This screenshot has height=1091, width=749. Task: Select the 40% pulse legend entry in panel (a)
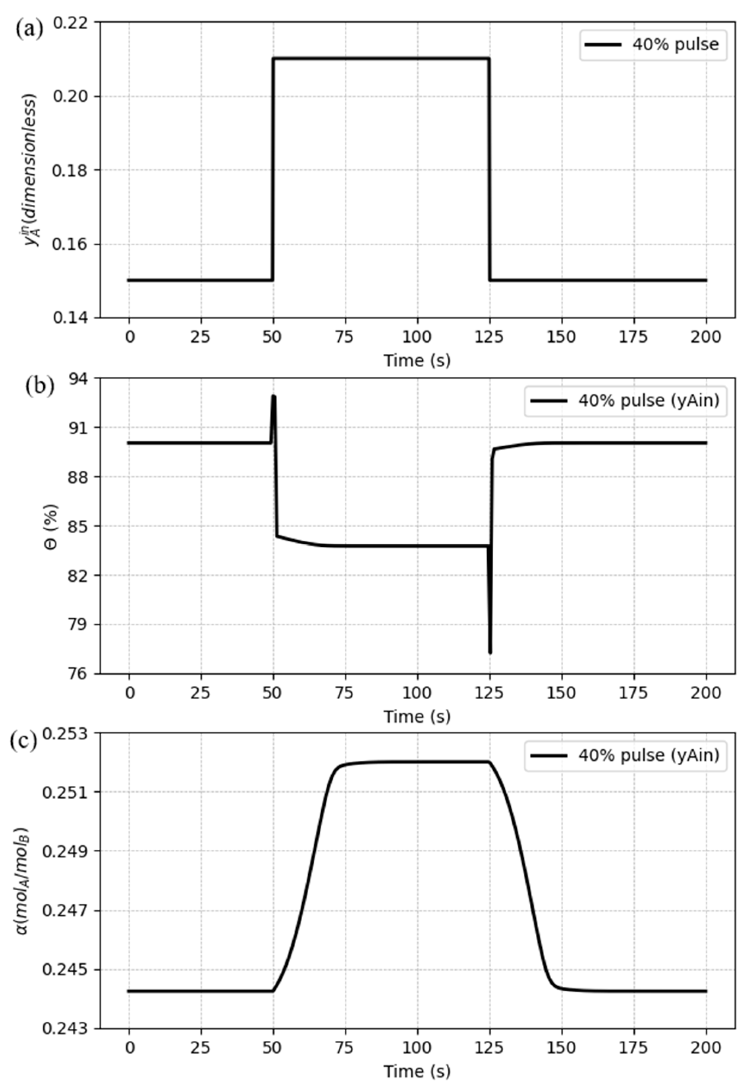(652, 45)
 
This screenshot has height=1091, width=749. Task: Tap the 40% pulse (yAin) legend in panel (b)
(625, 401)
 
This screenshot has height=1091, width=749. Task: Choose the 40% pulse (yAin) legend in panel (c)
(625, 756)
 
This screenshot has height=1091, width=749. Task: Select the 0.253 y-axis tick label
(64, 733)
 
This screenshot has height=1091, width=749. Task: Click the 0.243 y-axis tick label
(64, 1029)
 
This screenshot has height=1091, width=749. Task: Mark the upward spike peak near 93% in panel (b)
(274, 397)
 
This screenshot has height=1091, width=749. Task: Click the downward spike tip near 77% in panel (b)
(490, 652)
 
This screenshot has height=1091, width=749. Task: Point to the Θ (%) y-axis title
(53, 526)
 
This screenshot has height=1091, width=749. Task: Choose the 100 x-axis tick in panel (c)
(417, 1048)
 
